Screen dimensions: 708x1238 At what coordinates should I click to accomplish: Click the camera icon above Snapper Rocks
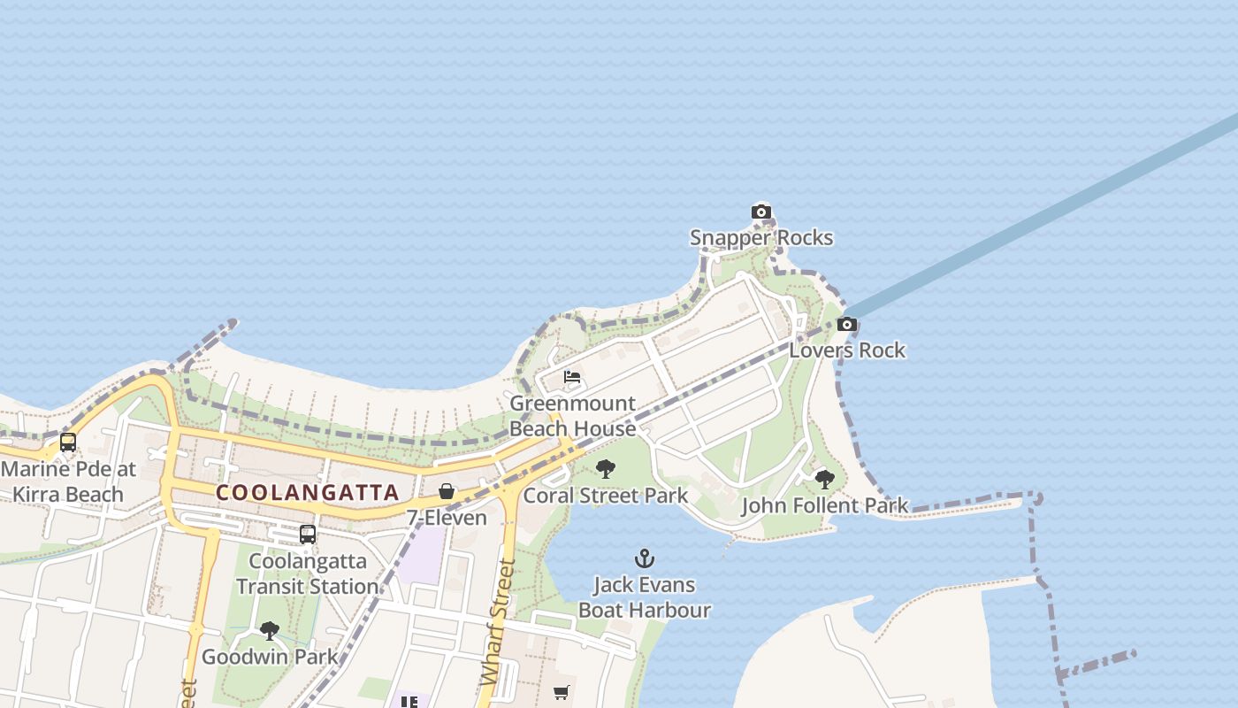[x=760, y=212]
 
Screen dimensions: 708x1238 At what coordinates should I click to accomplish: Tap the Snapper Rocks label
[x=760, y=237]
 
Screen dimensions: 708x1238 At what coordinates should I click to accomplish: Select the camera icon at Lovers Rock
[x=846, y=325]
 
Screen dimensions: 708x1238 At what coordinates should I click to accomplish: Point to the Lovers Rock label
[x=846, y=350]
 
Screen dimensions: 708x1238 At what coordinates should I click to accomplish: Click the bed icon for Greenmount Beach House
[x=572, y=377]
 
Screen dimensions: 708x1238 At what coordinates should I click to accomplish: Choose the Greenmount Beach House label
[x=572, y=416]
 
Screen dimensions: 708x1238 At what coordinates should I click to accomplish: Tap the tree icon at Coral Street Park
[x=605, y=469]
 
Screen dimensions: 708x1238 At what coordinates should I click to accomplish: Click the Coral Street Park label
[x=605, y=495]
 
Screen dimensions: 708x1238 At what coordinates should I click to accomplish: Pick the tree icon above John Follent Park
[x=824, y=480]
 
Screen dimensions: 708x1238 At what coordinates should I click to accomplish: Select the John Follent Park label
[x=824, y=505]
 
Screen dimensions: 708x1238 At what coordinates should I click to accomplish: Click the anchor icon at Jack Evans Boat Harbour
[x=645, y=558]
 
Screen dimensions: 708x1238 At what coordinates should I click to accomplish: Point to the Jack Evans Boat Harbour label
[x=645, y=597]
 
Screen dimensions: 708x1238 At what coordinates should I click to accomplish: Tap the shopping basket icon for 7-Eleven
[x=447, y=491]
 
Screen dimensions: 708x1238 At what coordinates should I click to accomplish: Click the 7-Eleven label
[x=447, y=517]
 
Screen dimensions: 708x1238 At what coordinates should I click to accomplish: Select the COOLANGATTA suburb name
[x=308, y=493]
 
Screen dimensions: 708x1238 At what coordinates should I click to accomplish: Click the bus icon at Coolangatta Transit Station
[x=308, y=535]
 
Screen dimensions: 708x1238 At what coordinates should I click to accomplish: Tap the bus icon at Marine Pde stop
[x=68, y=442]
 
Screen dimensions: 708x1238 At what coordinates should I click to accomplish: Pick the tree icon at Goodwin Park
[x=269, y=631]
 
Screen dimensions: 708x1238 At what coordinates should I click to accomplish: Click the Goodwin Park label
[x=269, y=657]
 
